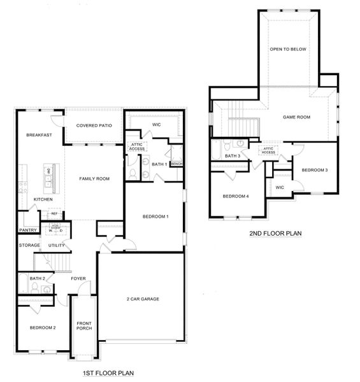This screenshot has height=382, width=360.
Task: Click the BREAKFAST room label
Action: (38, 136)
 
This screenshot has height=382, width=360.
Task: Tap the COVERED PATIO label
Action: (94, 125)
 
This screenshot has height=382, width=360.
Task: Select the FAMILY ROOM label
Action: (94, 179)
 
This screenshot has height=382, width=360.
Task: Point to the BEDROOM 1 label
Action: (155, 217)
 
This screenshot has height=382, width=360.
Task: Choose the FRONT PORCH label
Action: (84, 325)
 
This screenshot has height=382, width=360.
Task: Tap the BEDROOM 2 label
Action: (43, 327)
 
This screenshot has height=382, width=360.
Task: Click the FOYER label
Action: (78, 278)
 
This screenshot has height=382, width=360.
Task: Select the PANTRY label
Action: (28, 230)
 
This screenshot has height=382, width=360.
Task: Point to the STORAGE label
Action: (29, 245)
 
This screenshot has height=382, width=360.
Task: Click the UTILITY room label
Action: (57, 245)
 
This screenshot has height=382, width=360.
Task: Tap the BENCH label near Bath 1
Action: (176, 164)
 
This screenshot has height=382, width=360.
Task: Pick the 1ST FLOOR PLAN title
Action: (109, 373)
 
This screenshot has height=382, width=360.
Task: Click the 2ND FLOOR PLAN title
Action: (275, 234)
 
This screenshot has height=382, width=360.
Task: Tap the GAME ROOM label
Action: (296, 117)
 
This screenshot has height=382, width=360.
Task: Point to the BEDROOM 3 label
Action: (315, 170)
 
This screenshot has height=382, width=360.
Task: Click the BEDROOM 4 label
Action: (235, 196)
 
